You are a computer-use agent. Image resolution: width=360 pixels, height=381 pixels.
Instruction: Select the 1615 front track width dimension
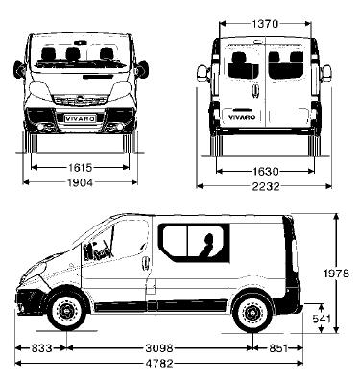click(x=80, y=166)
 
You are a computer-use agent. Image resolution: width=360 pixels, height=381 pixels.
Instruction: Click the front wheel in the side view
click(x=65, y=312)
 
